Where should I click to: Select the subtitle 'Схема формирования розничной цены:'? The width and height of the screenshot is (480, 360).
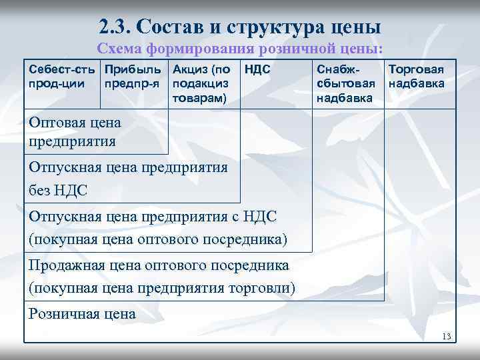[240, 49]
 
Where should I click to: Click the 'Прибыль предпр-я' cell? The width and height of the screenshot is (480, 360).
[133, 75]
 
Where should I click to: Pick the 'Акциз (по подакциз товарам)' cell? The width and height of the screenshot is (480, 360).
[201, 83]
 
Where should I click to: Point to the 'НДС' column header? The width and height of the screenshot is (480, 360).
[257, 69]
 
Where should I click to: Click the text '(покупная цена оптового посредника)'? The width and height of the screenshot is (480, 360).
[158, 238]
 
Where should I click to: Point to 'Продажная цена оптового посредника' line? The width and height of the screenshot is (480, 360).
[159, 265]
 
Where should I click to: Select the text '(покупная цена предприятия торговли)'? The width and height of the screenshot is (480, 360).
[162, 288]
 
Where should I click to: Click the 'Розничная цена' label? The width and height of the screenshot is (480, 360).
[82, 313]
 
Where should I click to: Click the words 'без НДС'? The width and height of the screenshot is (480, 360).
[58, 191]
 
